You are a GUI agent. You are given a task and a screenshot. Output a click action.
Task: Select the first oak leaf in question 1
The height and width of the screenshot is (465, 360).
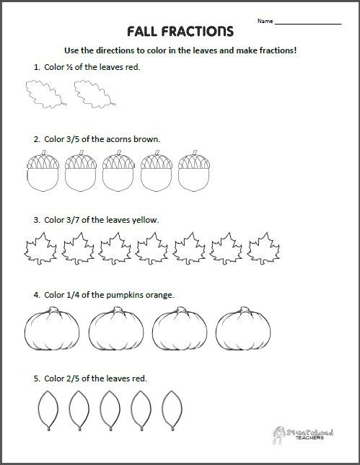click(x=42, y=94)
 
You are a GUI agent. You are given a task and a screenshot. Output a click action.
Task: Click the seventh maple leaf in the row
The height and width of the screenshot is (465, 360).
click(x=263, y=249)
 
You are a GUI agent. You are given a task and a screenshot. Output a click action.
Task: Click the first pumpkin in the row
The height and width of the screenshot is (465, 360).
click(x=52, y=330)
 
